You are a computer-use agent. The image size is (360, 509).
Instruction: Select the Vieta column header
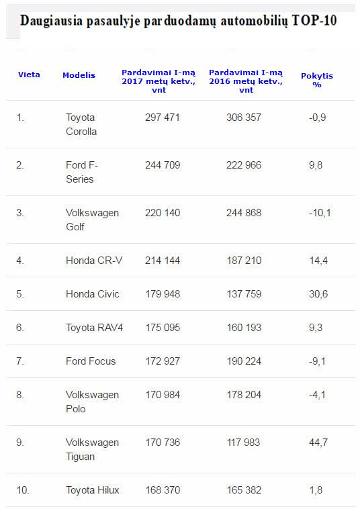[x=29, y=75]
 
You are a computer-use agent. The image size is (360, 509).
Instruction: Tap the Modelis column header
[x=79, y=75]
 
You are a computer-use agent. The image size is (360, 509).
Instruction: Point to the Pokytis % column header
[x=317, y=80]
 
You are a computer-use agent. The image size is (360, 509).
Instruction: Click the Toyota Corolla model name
[x=81, y=124]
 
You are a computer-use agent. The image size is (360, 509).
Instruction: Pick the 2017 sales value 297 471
[x=163, y=118]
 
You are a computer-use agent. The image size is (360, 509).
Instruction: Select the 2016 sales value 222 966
[x=244, y=165]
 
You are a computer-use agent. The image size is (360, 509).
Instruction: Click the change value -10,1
[x=320, y=213]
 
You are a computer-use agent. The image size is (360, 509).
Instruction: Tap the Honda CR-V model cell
[x=94, y=261]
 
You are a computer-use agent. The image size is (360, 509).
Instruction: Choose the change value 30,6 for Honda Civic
[x=318, y=294]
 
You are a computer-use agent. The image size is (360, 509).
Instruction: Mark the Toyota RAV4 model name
[x=94, y=328]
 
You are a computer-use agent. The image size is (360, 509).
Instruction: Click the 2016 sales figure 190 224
[x=244, y=361]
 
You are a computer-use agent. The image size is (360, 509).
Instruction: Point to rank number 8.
[x=19, y=395]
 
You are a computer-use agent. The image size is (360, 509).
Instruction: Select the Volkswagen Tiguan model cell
[x=92, y=449]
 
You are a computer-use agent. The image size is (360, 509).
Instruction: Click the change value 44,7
[x=318, y=443]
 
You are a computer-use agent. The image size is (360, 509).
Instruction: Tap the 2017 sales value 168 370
[x=163, y=490]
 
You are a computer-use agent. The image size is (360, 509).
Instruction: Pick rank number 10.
[x=23, y=490]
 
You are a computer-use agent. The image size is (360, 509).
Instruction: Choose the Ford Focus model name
[x=91, y=361]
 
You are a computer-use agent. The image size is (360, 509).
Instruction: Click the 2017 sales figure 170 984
[x=163, y=395]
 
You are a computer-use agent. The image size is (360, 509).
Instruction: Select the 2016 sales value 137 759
[x=244, y=294]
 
